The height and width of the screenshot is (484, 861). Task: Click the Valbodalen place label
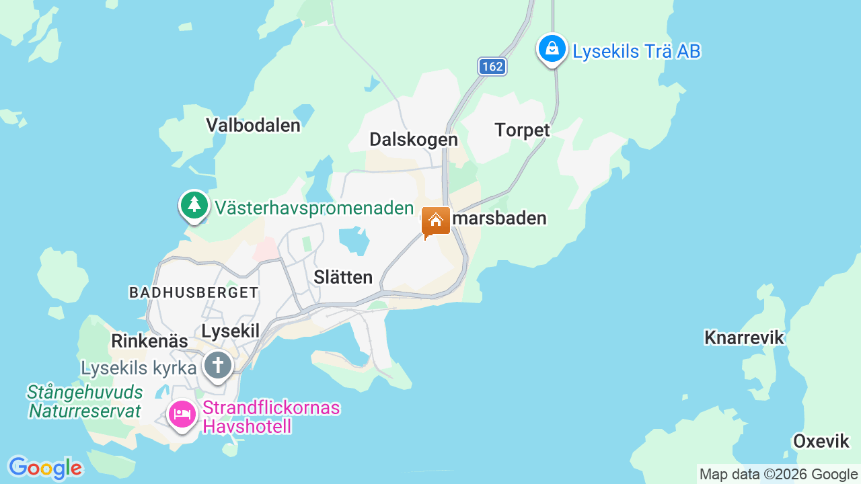pos(253,125)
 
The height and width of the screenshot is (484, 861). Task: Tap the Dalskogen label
pos(414,139)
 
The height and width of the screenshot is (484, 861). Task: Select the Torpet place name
pos(522,130)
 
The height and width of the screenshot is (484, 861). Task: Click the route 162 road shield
pos(492,67)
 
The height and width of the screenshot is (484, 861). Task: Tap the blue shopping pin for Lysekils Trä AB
pos(552,49)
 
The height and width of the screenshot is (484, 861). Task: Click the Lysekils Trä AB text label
pos(636,51)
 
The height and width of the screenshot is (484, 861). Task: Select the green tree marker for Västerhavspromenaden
pos(194,204)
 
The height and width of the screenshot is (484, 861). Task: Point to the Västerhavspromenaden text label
pos(314,208)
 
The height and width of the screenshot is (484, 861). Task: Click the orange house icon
pos(436,221)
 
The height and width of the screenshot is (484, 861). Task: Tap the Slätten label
pos(343,277)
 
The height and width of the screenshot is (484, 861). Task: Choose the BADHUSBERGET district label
pos(194,292)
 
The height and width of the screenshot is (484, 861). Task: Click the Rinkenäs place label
pos(149,341)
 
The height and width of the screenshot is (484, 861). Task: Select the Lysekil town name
pos(230,330)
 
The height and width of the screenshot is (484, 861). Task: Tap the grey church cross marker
pos(218,366)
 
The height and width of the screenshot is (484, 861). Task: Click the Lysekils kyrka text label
pos(139,368)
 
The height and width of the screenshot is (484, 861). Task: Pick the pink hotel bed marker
pos(182,414)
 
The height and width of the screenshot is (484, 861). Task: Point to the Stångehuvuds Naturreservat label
pos(85,401)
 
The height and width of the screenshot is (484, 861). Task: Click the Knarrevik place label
pos(744,337)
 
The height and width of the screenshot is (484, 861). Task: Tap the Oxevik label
pos(821,441)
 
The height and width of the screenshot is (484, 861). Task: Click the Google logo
pos(45,468)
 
